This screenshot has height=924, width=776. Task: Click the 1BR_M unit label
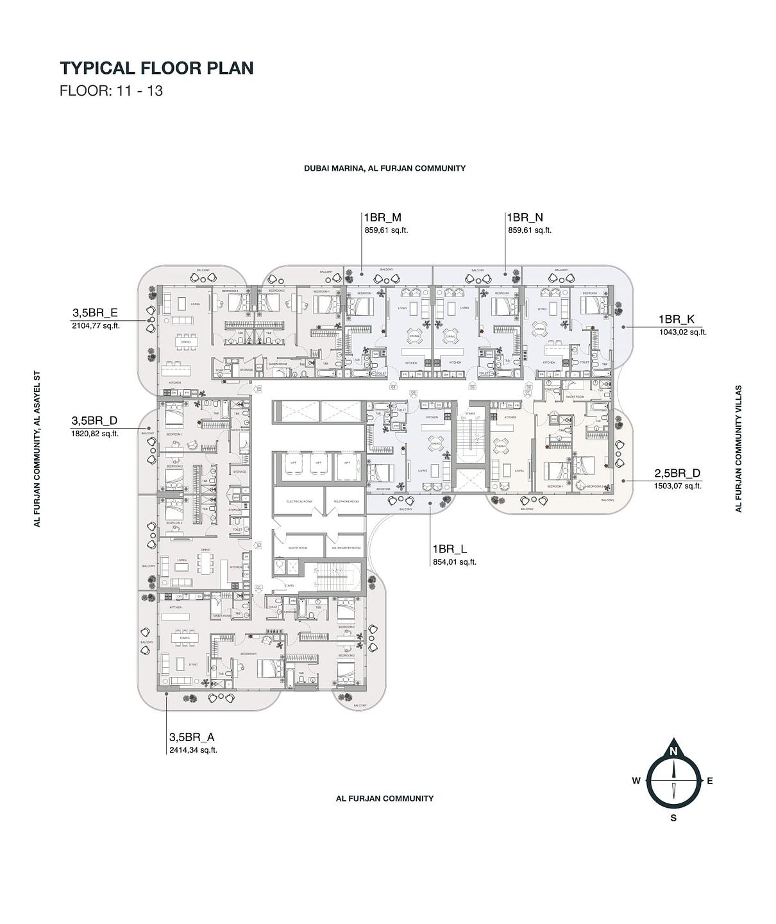click(x=383, y=218)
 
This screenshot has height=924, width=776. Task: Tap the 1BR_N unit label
click(x=525, y=218)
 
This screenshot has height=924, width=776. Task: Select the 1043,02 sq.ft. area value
click(x=682, y=332)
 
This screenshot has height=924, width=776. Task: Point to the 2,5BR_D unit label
click(x=677, y=474)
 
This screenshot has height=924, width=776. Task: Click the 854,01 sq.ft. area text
click(x=454, y=562)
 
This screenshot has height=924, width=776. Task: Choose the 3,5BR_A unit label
click(x=191, y=737)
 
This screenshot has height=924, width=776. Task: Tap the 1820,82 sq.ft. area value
click(x=95, y=434)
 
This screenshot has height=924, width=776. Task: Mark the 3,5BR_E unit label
click(x=95, y=313)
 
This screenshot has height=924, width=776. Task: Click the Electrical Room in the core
click(x=298, y=501)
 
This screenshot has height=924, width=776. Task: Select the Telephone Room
click(x=346, y=501)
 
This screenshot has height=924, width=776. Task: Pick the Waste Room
click(x=298, y=548)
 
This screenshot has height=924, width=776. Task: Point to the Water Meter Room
click(x=346, y=548)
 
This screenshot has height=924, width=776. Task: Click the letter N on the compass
click(x=673, y=751)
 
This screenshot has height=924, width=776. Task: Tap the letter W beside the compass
click(x=636, y=781)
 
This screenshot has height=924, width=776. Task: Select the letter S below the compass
click(x=673, y=818)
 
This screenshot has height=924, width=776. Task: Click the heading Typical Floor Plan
click(x=157, y=68)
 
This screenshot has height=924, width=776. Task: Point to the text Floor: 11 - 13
click(x=111, y=90)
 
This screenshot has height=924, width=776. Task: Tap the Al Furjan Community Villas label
click(x=739, y=449)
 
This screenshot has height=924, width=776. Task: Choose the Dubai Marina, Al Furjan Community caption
click(x=385, y=168)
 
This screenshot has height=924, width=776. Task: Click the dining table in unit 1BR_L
click(x=436, y=443)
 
